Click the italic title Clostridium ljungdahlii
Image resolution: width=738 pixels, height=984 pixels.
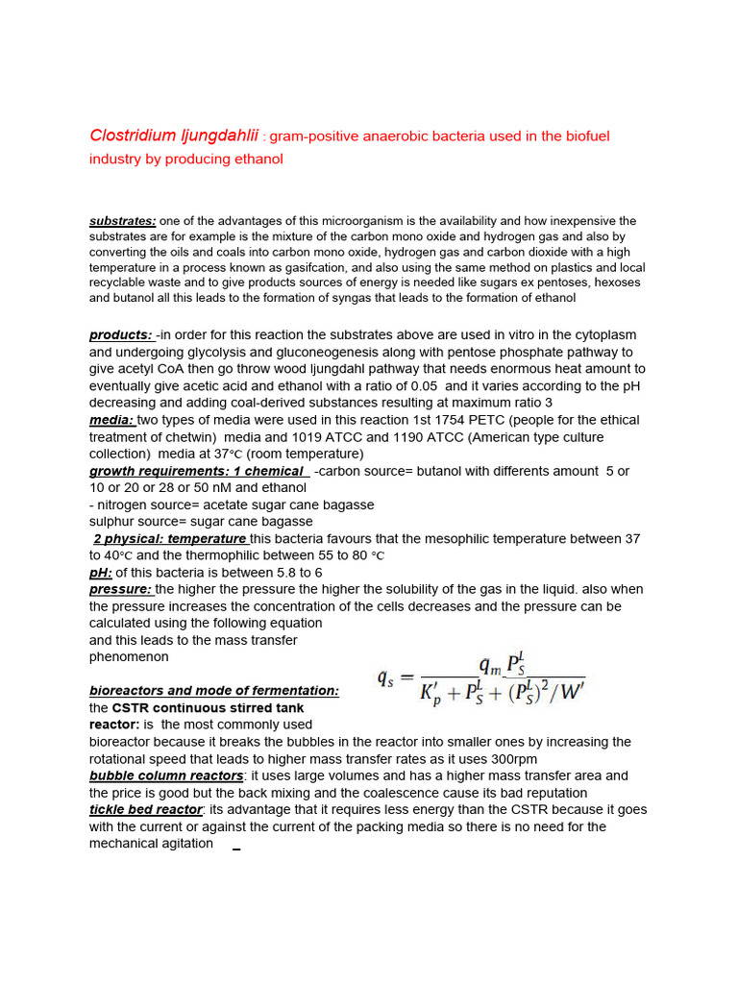tap(174, 136)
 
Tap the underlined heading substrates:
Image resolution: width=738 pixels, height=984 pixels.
tap(123, 221)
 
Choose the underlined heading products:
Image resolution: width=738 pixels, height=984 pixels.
tap(121, 334)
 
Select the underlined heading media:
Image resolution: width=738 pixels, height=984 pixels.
tap(112, 420)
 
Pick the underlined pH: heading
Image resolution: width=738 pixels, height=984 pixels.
tap(101, 573)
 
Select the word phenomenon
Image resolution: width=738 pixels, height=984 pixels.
tap(129, 657)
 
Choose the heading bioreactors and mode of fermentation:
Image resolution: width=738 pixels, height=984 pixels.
tap(214, 691)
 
